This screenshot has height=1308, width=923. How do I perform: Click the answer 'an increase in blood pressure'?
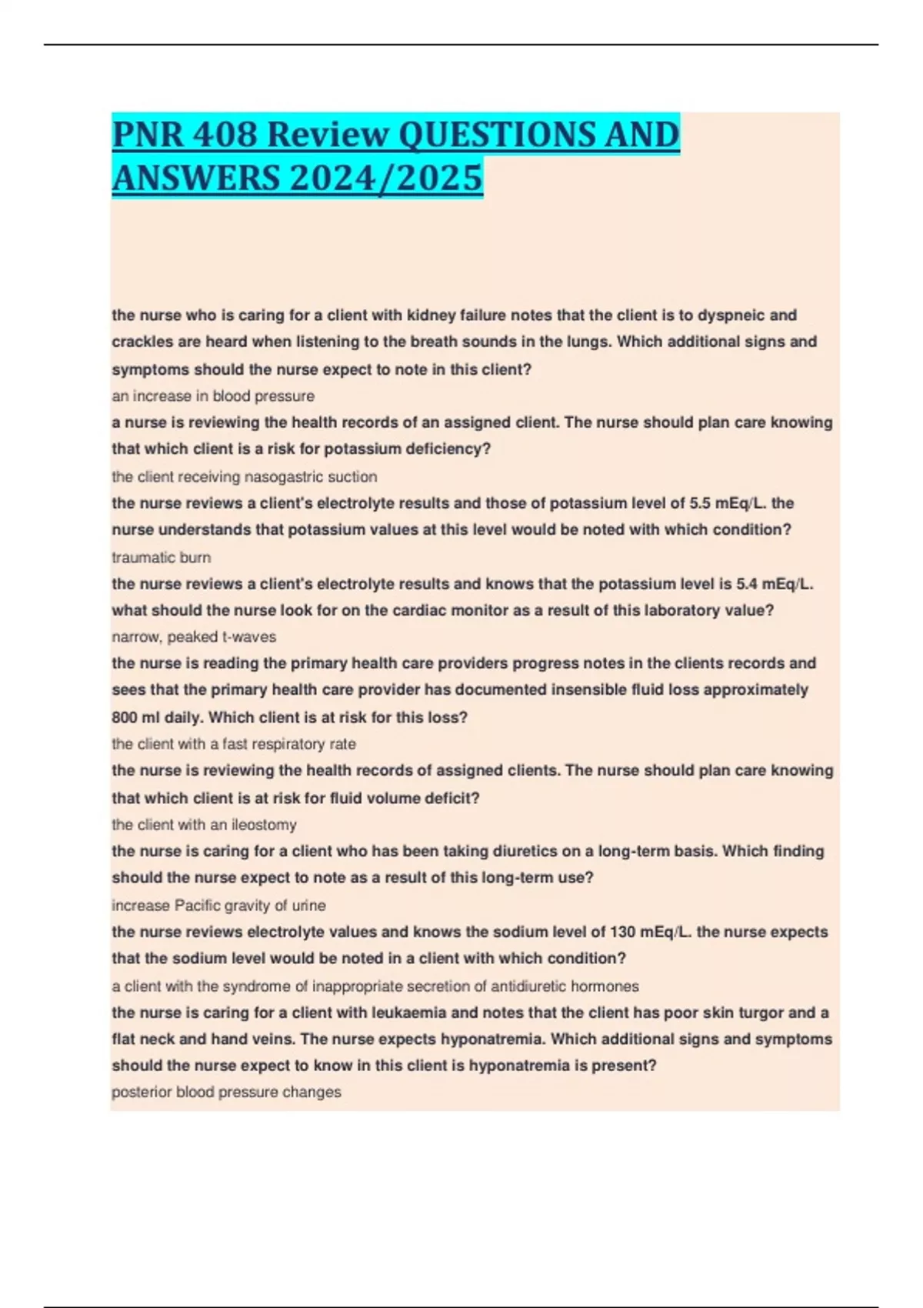(x=213, y=396)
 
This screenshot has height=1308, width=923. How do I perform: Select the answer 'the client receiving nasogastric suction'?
(x=244, y=477)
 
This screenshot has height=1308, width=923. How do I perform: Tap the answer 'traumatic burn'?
(x=162, y=557)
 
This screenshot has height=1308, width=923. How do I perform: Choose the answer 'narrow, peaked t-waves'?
(x=194, y=637)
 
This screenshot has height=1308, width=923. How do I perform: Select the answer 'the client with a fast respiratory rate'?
(x=234, y=744)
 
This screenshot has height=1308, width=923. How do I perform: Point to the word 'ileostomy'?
(x=264, y=825)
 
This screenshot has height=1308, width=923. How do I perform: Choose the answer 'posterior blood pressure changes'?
(x=226, y=1093)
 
